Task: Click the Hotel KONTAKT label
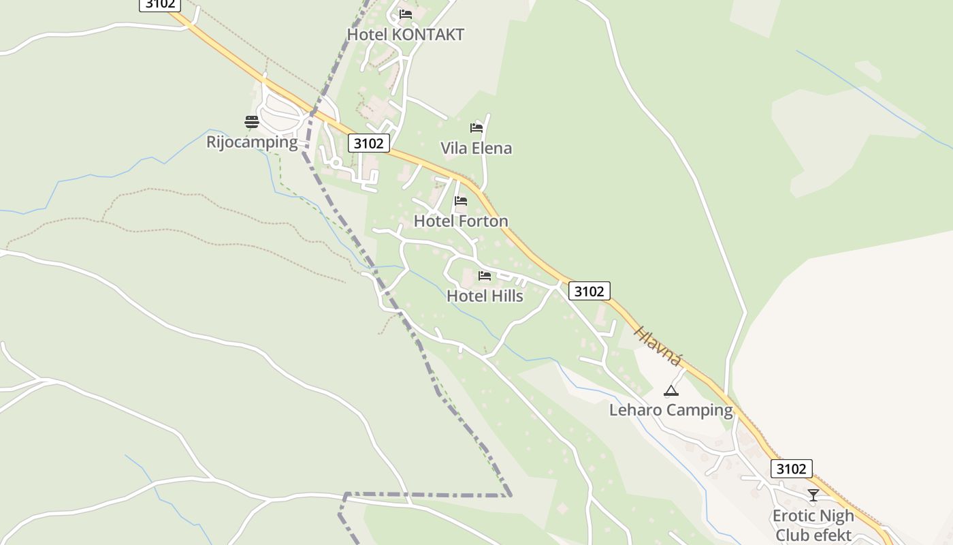[x=406, y=35]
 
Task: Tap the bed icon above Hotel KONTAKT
[x=406, y=14]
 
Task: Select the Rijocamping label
[x=252, y=142]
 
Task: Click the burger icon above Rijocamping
[x=252, y=122]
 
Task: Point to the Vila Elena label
[x=476, y=149]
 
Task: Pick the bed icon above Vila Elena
[x=476, y=127]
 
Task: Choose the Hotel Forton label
[x=461, y=221]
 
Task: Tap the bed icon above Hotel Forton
[x=461, y=201]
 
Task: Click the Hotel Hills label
[x=485, y=296]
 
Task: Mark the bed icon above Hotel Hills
[x=485, y=276]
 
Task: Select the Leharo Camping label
[x=671, y=410]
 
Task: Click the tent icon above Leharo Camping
[x=671, y=390]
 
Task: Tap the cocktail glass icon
[x=813, y=495]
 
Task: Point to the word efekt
[x=832, y=535]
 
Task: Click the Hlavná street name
[x=658, y=346]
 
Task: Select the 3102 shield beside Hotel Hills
[x=589, y=291]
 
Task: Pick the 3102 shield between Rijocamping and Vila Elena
[x=369, y=143]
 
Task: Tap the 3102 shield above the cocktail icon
[x=791, y=469]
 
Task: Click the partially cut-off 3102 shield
[x=160, y=5]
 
